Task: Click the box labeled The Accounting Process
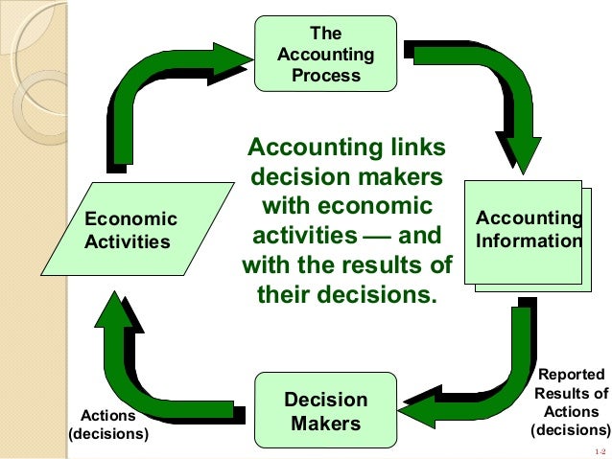[x=325, y=54]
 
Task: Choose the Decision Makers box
[x=325, y=410]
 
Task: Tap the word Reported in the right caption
[x=571, y=375]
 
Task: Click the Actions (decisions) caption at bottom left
[x=108, y=425]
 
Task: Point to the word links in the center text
[x=414, y=149]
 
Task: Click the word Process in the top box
[x=325, y=75]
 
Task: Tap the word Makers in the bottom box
[x=325, y=423]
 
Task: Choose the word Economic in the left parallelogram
[x=131, y=219]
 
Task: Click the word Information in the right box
[x=529, y=241]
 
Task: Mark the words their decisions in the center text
[x=346, y=293]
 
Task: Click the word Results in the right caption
[x=571, y=393]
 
